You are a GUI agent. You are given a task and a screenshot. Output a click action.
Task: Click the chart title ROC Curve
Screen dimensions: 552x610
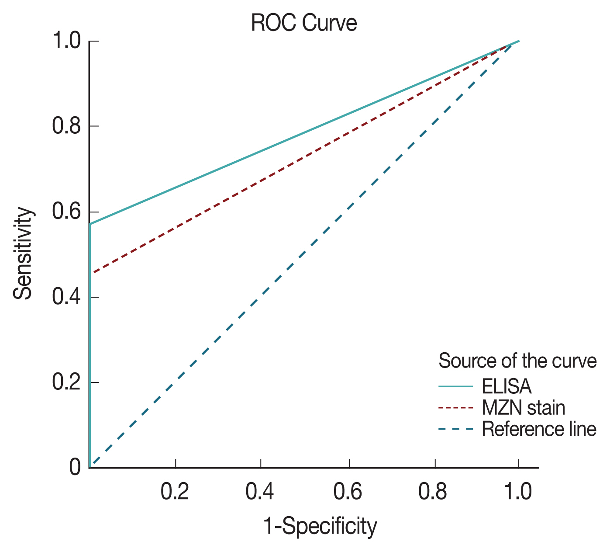click(304, 23)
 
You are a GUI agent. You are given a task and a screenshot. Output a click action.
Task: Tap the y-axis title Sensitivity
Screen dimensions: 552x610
click(23, 253)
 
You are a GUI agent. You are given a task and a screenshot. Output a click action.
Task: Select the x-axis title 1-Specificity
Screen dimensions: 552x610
click(320, 526)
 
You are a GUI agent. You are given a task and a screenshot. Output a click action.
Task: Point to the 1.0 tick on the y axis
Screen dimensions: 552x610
click(66, 42)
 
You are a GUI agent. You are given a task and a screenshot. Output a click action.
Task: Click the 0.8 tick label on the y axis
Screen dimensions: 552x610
click(66, 126)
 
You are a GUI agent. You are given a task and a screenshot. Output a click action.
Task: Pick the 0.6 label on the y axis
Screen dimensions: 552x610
click(66, 212)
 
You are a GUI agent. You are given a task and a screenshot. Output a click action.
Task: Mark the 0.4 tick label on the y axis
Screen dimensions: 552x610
click(66, 297)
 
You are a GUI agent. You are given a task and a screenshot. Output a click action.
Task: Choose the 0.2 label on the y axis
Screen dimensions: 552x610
click(66, 382)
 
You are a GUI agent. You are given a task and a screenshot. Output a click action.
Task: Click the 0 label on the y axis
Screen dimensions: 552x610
click(75, 467)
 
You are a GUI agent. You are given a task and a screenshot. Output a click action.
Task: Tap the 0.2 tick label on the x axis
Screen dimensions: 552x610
click(175, 492)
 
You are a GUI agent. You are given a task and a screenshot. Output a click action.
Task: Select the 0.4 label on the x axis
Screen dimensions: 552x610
click(260, 492)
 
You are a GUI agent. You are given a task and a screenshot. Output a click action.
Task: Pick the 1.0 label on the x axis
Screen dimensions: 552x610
click(518, 492)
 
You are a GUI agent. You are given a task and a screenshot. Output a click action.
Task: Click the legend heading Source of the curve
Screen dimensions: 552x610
click(517, 361)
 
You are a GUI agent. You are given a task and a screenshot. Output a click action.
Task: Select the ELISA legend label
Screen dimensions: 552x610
click(507, 386)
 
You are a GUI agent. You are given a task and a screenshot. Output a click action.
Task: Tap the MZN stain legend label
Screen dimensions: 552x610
click(523, 408)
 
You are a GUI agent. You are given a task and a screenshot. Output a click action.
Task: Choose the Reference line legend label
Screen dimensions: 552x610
click(539, 429)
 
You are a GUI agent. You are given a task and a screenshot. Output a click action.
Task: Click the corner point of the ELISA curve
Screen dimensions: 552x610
click(90, 224)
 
